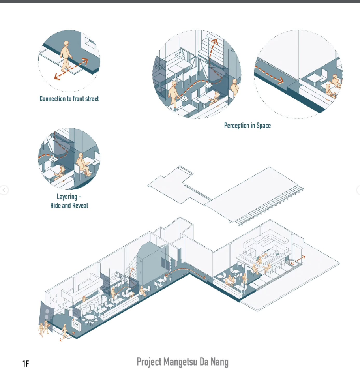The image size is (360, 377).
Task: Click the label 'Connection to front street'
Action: [x=69, y=99]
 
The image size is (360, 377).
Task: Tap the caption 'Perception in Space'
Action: [x=247, y=126]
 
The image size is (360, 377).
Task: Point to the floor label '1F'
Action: [x=26, y=364]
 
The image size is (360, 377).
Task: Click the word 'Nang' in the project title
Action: [x=220, y=362]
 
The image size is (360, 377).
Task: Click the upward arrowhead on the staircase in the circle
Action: [x=215, y=41]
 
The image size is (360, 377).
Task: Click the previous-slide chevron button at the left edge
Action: [x=4, y=190]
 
